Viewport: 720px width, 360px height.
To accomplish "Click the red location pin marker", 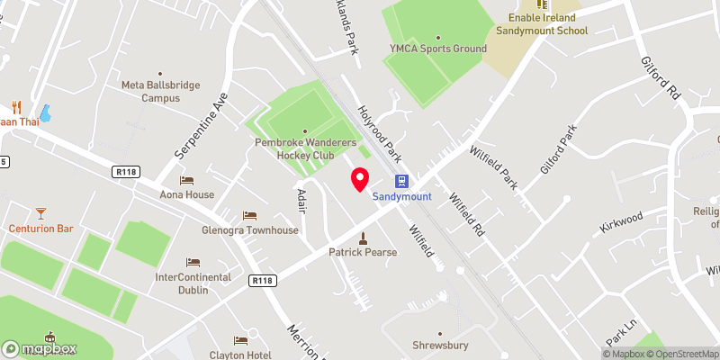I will click(x=360, y=178).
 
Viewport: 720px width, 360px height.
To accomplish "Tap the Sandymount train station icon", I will click(x=401, y=181).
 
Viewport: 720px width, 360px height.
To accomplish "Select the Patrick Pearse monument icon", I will click(x=363, y=238).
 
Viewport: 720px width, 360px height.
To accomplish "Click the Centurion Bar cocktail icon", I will click(x=40, y=213).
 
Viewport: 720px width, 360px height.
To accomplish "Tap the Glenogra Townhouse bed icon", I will click(x=249, y=216).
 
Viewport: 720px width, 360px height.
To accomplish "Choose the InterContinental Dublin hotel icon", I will click(x=193, y=263).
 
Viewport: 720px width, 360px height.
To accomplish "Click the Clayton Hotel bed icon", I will click(x=240, y=340).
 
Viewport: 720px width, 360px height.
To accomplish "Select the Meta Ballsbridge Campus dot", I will click(x=160, y=75).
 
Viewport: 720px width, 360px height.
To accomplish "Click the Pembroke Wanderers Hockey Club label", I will click(x=304, y=148).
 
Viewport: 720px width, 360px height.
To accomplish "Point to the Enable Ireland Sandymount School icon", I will click(x=542, y=4).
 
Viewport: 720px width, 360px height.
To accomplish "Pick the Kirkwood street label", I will click(x=622, y=221).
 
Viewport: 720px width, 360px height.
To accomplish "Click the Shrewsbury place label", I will click(x=441, y=344).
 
